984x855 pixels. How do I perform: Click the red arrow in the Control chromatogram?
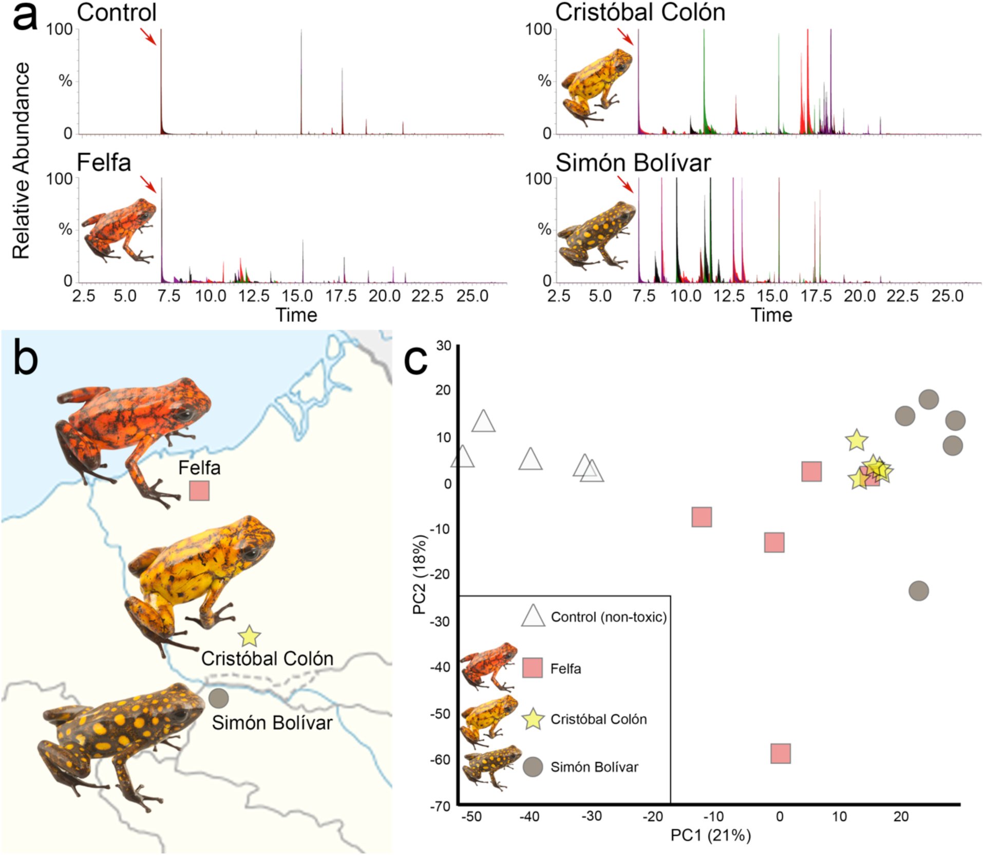tap(148, 36)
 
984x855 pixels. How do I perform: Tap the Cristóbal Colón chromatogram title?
tap(640, 12)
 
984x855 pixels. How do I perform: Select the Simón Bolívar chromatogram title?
tap(633, 162)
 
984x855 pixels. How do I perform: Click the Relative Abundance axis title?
tap(21, 160)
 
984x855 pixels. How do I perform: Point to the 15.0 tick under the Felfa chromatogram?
tap(297, 296)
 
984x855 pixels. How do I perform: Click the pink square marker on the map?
tap(199, 491)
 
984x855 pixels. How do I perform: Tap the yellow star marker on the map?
tap(249, 636)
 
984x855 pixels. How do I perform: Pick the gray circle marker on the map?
tap(219, 698)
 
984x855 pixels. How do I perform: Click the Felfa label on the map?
tap(199, 468)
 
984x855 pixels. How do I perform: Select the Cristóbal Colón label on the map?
tap(267, 658)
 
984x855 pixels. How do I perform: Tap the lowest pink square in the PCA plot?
tap(781, 753)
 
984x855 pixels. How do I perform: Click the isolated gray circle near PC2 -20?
tap(919, 591)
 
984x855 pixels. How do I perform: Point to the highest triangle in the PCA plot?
tap(483, 421)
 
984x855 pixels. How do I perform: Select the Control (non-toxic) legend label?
tap(609, 617)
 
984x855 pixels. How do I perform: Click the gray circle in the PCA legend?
tap(533, 767)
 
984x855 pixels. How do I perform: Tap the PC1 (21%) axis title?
tap(711, 835)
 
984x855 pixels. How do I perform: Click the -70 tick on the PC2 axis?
tap(440, 806)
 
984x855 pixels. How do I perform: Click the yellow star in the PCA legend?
tap(533, 718)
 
